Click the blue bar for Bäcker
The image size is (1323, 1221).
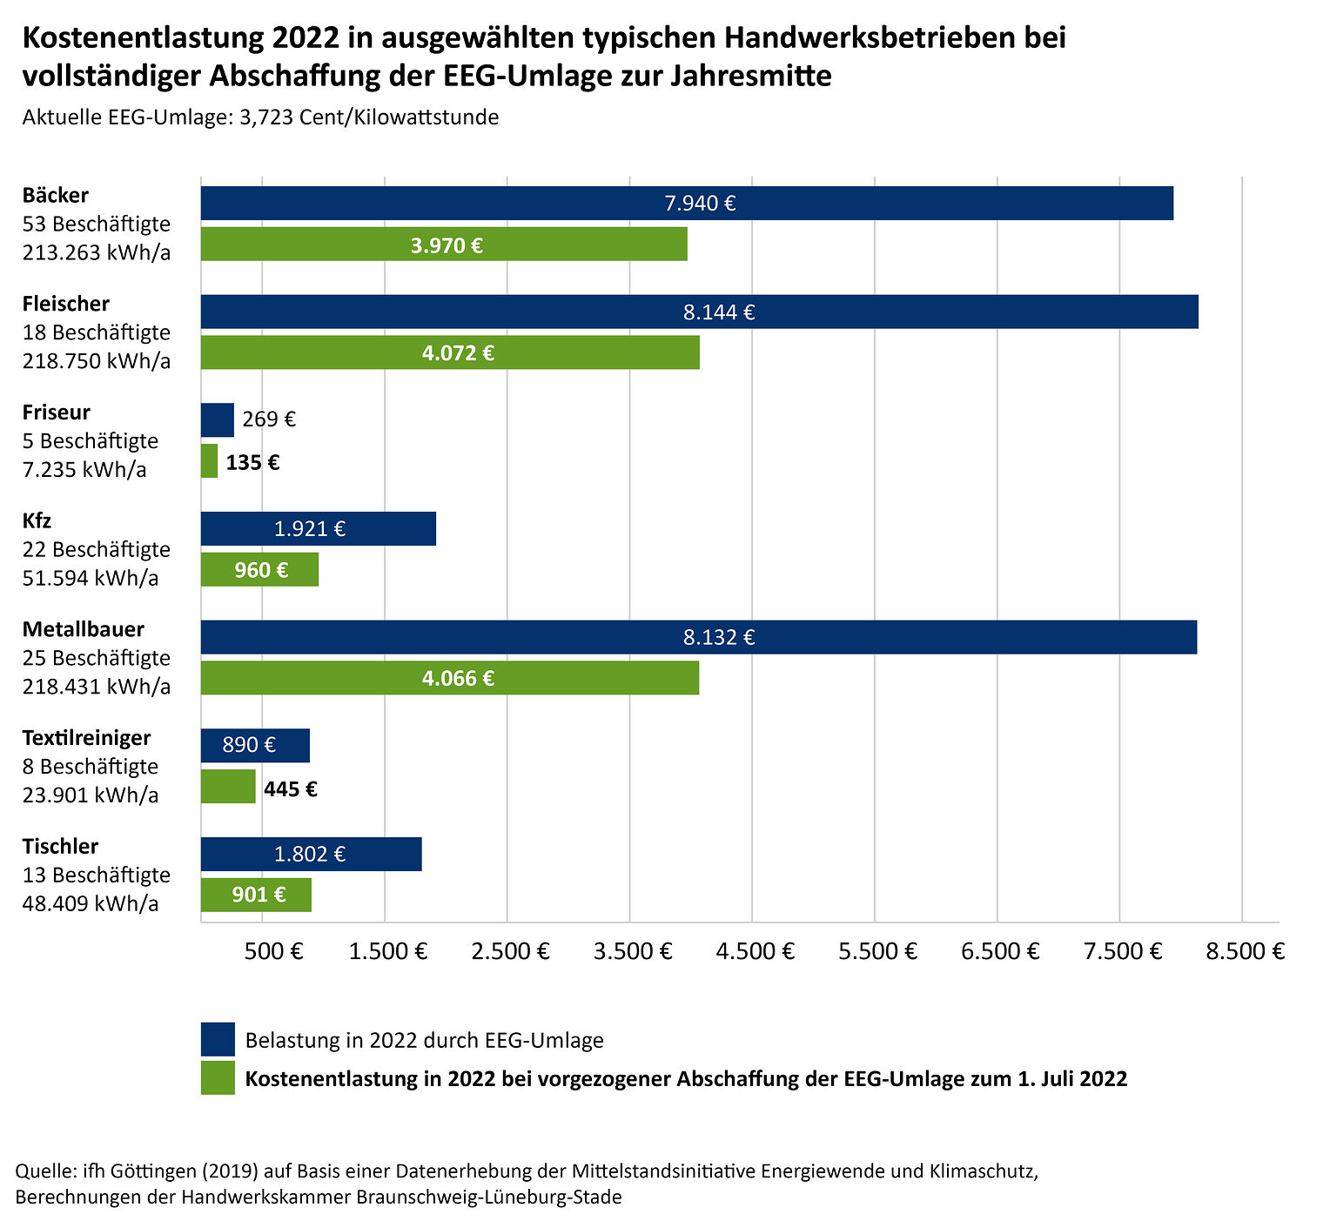(x=687, y=203)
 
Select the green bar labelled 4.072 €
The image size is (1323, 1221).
(x=450, y=352)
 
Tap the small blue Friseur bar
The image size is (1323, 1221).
(x=217, y=419)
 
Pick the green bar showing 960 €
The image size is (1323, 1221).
(x=259, y=570)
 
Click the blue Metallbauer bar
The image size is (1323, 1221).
(x=699, y=637)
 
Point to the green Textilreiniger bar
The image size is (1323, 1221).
(x=228, y=787)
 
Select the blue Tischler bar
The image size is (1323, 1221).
(x=311, y=854)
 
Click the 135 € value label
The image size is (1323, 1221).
(x=252, y=462)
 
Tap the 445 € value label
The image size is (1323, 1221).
(x=291, y=789)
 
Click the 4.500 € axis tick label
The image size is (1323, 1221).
(x=756, y=950)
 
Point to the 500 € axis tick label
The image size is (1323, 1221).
(x=273, y=950)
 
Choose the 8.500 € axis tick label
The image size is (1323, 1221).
(x=1245, y=950)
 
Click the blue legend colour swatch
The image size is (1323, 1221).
(x=218, y=1039)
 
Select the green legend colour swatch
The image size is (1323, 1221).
(x=218, y=1077)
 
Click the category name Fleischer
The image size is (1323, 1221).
(x=66, y=304)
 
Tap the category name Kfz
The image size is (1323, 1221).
(x=37, y=521)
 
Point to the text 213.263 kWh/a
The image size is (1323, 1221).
(x=97, y=252)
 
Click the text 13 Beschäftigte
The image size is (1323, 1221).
(x=97, y=875)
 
